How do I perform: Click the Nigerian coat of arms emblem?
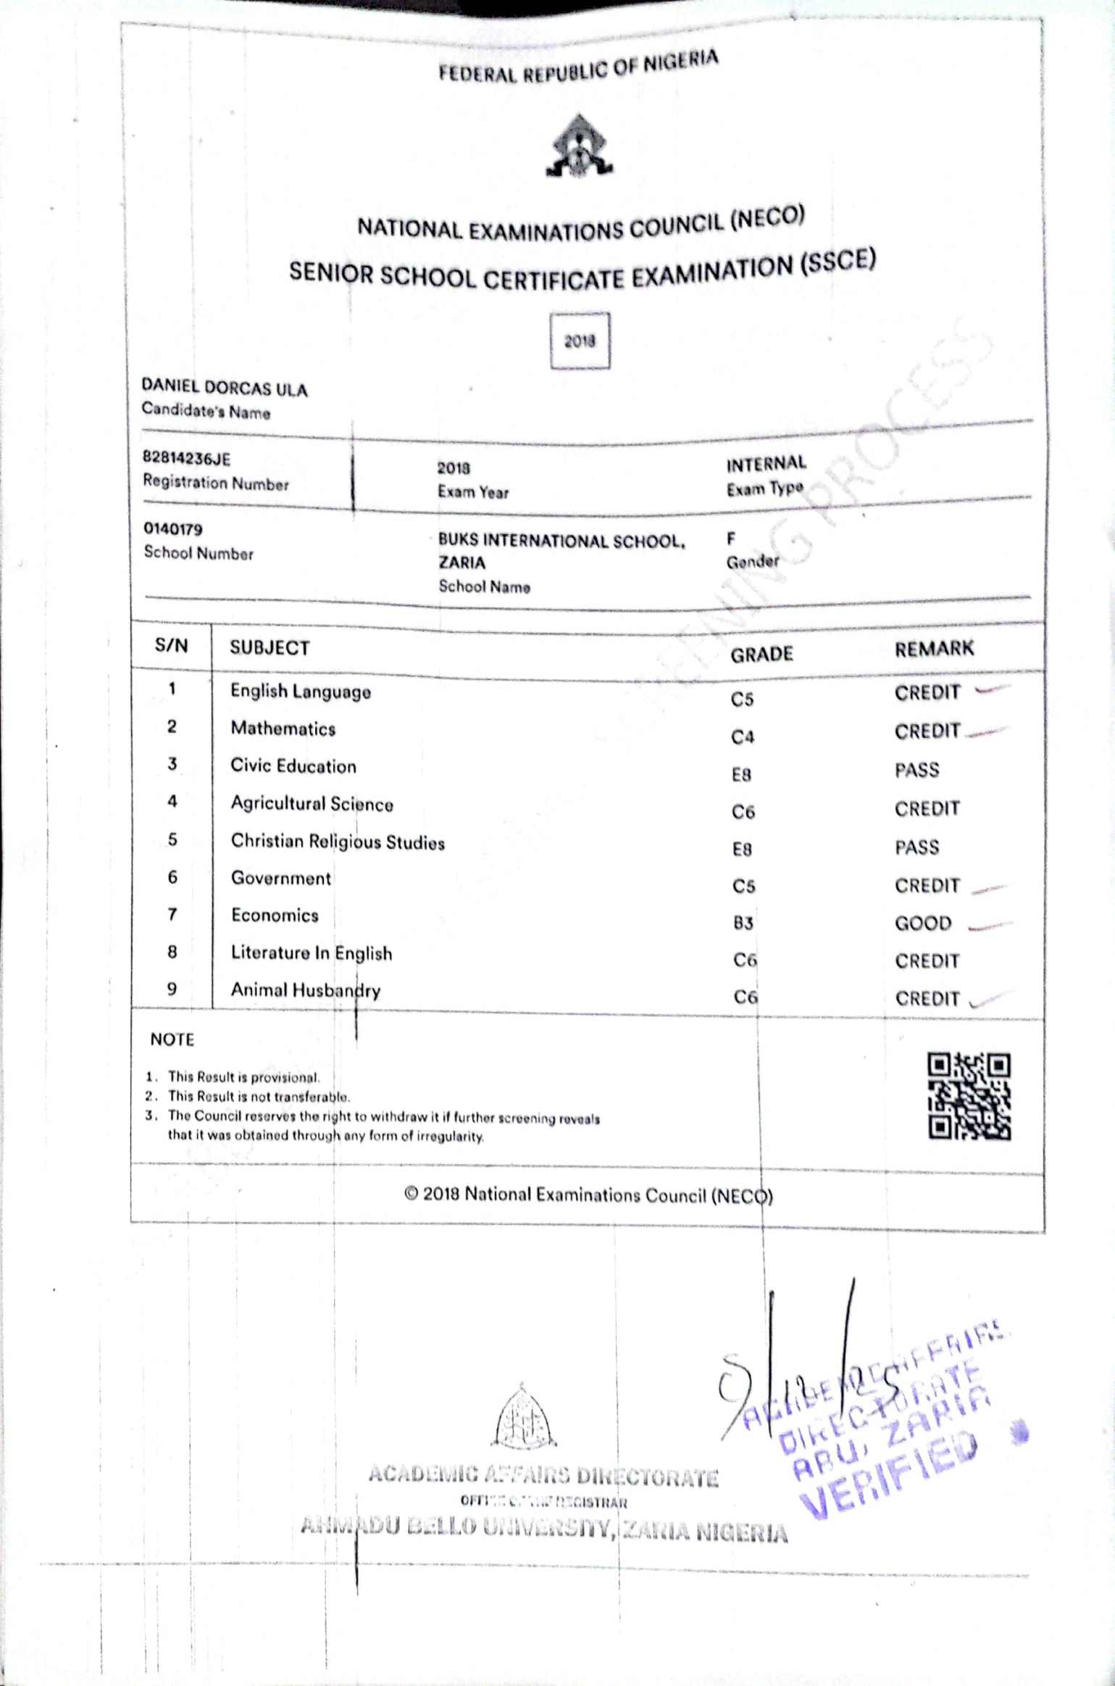[x=579, y=146]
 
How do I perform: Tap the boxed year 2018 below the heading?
[x=580, y=341]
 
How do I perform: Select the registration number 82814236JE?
[x=186, y=458]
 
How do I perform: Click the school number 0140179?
[x=172, y=529]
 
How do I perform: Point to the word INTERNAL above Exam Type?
[x=766, y=464]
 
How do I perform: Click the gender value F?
[x=731, y=539]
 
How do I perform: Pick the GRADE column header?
[x=761, y=655]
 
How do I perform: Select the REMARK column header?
[x=934, y=649]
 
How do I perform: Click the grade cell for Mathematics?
[x=743, y=737]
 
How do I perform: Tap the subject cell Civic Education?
[x=293, y=766]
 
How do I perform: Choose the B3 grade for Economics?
[x=743, y=923]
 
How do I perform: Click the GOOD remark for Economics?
[x=923, y=923]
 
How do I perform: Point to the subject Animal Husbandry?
[x=305, y=990]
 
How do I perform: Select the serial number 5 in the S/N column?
[x=172, y=839]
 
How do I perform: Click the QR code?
[x=969, y=1096]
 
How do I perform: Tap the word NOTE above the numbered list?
[x=172, y=1039]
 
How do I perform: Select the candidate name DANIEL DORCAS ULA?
[x=225, y=389]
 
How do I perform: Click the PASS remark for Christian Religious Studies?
[x=916, y=847]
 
